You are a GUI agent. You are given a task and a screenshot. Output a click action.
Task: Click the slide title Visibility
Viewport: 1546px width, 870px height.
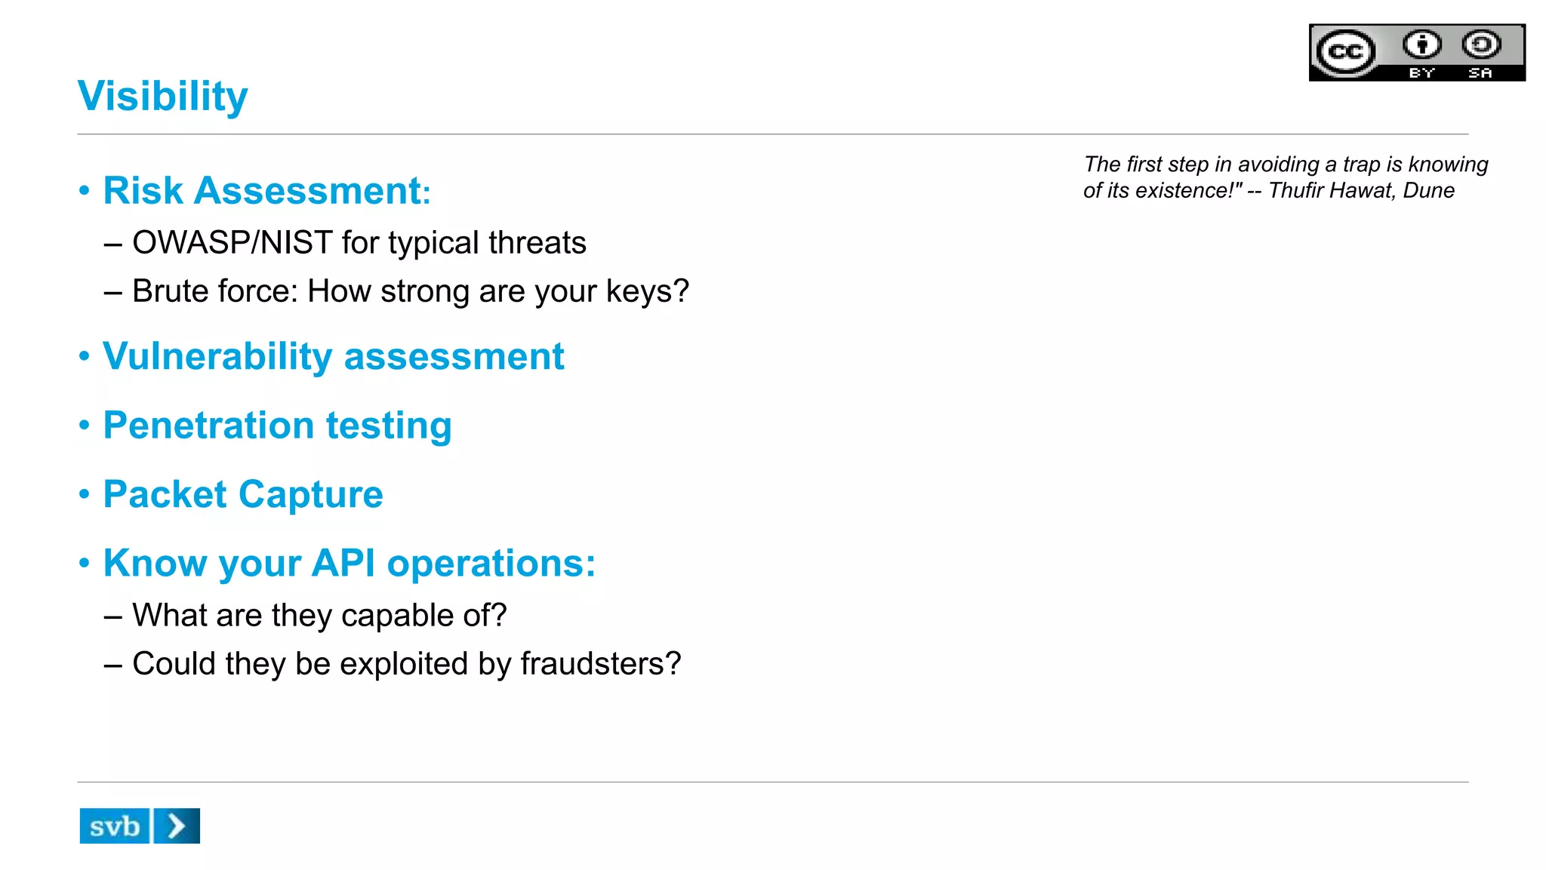coord(162,97)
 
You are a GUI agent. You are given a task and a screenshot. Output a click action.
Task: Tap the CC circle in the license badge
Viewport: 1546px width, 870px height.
coord(1346,52)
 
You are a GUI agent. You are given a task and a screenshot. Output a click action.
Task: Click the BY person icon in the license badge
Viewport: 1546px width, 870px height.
coord(1422,45)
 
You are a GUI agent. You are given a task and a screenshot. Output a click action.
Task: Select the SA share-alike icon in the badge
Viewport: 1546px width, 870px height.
coord(1481,45)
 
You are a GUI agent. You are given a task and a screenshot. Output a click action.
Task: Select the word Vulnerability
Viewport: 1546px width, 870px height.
coord(217,356)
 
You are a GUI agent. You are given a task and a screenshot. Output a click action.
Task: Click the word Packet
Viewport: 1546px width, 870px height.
coord(165,495)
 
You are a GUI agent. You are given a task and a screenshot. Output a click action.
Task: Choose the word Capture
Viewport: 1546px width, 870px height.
coord(311,495)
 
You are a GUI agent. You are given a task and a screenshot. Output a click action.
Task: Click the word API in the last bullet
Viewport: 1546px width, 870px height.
coord(343,564)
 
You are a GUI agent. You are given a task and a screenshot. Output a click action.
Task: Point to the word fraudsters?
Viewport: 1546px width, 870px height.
coord(601,664)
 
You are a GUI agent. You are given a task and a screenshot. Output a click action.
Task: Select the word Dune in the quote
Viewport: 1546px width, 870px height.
coord(1428,190)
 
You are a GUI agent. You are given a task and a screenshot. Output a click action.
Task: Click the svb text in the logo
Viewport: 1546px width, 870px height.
coord(115,826)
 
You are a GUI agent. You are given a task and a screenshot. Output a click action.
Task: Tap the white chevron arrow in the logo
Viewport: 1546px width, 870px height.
coord(177,826)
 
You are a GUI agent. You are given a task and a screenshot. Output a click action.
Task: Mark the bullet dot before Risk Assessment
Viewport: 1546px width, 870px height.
coord(85,190)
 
